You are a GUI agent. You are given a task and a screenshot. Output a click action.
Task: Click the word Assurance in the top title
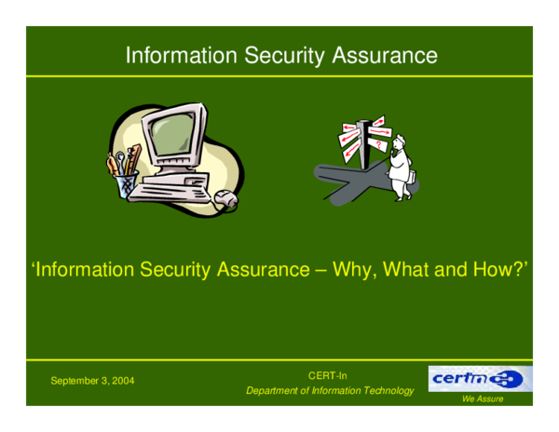click(386, 56)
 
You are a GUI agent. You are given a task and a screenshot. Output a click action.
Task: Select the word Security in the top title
click(279, 56)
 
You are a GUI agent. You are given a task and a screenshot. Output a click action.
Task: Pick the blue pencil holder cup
click(126, 182)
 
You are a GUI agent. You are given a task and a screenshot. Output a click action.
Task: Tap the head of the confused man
click(399, 141)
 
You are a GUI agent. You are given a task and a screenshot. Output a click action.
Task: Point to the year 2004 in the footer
click(123, 381)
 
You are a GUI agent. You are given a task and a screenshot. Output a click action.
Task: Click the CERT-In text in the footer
click(328, 375)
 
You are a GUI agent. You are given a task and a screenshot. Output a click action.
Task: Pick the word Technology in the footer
click(383, 390)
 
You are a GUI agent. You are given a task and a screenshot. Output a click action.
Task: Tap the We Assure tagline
click(483, 399)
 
